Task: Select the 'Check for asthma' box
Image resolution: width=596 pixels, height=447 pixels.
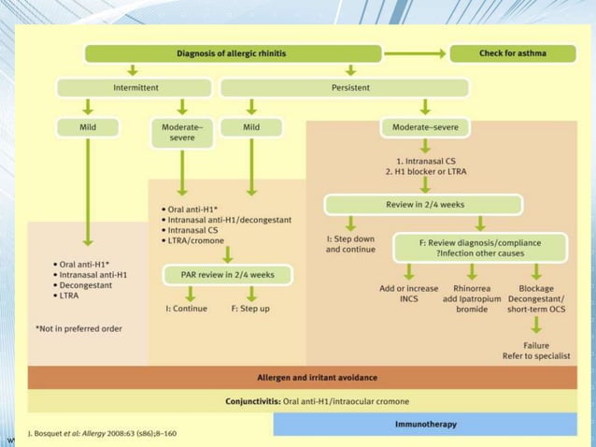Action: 513,53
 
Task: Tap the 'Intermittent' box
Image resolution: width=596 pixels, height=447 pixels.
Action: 135,88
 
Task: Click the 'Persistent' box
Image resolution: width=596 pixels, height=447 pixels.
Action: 344,88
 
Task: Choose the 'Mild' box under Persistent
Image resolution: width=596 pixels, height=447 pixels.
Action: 249,125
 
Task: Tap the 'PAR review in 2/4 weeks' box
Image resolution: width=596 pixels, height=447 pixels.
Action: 229,275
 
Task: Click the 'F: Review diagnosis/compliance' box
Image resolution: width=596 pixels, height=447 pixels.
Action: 479,248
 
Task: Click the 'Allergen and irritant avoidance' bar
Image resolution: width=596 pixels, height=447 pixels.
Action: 318,378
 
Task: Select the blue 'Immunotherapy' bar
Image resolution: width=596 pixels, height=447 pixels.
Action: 426,425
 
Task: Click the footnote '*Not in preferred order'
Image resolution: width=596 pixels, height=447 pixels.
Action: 78,328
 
